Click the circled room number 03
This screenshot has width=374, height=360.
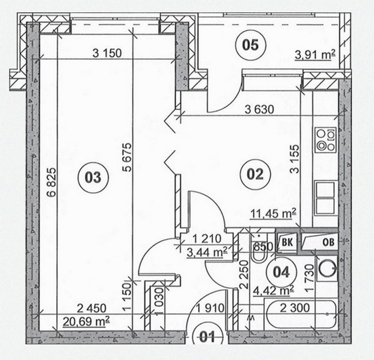[x=93, y=177]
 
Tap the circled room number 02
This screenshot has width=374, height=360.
[x=255, y=174]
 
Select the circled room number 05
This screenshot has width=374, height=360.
[x=250, y=44]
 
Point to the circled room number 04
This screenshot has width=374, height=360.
[x=282, y=272]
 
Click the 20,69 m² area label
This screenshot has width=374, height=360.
[x=87, y=321]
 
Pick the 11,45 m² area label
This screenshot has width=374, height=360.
[x=273, y=213]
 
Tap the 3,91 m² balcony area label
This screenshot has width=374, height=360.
[x=315, y=55]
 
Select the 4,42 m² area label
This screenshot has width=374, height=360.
[x=274, y=291]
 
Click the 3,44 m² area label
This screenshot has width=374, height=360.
[x=207, y=252]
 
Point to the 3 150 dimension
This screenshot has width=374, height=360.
[x=107, y=53]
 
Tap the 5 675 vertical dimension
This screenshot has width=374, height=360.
[x=127, y=157]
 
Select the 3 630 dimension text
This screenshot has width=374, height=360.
[x=260, y=110]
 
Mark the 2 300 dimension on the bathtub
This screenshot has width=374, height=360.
[x=295, y=308]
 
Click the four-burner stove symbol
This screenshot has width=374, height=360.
[x=325, y=140]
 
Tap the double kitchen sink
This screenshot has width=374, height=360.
[x=325, y=198]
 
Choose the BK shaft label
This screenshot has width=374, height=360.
[x=287, y=242]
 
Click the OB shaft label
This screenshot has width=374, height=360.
[x=329, y=242]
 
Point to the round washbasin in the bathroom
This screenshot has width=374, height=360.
[x=327, y=269]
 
